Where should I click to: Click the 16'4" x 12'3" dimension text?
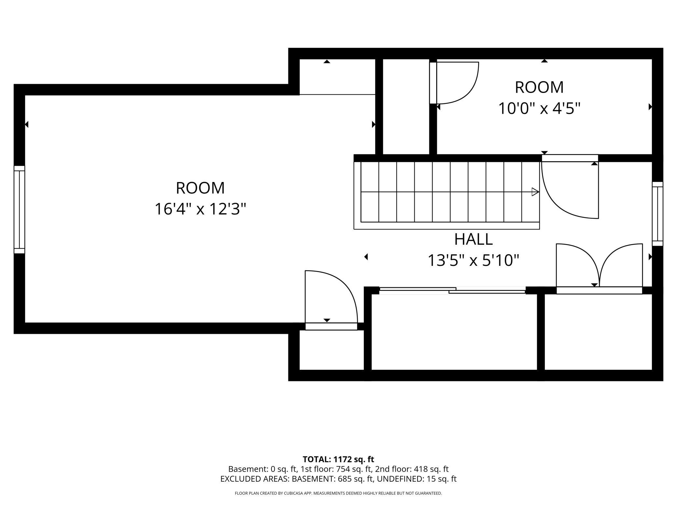click(200, 209)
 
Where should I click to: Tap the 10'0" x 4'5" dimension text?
click(539, 108)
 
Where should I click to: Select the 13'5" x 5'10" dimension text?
click(473, 260)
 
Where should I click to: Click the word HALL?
click(473, 240)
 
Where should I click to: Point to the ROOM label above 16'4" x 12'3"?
click(200, 188)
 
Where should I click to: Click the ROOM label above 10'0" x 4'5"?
click(539, 87)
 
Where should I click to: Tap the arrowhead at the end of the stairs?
click(535, 192)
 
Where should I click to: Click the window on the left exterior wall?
click(19, 210)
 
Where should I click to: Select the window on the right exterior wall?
click(657, 214)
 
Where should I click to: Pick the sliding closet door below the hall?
click(452, 291)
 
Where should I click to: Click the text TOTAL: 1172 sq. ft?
click(338, 459)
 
